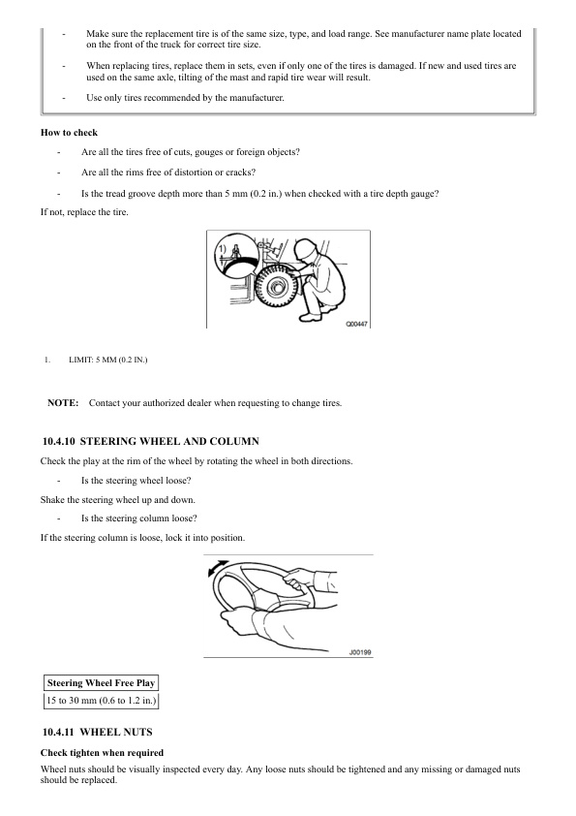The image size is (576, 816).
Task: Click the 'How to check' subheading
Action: (69, 133)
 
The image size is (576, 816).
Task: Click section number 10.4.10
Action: (59, 441)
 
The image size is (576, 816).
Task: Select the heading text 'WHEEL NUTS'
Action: (116, 733)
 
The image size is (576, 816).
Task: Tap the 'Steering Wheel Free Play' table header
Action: (101, 683)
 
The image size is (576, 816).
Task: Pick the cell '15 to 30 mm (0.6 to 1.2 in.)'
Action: (101, 701)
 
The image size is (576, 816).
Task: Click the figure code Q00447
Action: (356, 325)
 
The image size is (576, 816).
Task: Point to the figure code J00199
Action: (360, 652)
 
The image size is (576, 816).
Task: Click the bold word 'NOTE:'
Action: (63, 403)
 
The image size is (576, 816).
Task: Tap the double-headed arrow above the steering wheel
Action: (218, 568)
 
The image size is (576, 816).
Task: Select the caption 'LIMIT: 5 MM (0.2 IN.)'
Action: (108, 360)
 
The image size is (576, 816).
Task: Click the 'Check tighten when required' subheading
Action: (102, 753)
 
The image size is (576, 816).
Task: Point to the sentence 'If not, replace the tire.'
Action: (84, 212)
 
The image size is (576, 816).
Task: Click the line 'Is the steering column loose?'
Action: (138, 518)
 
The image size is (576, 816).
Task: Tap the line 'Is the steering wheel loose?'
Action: (136, 481)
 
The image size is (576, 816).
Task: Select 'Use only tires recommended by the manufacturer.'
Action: (185, 98)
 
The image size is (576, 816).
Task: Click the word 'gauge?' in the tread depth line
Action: (424, 194)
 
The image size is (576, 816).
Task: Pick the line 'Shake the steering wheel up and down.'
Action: (117, 500)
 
